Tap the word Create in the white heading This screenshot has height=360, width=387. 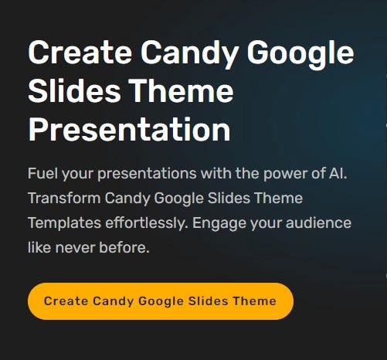(x=76, y=54)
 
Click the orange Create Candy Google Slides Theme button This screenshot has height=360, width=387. (x=160, y=301)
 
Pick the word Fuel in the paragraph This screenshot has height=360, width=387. (x=41, y=172)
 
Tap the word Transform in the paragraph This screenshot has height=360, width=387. (x=60, y=199)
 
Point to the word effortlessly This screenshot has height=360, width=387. (x=141, y=224)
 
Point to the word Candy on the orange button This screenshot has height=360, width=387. (x=108, y=301)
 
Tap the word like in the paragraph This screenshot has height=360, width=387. (x=39, y=250)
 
